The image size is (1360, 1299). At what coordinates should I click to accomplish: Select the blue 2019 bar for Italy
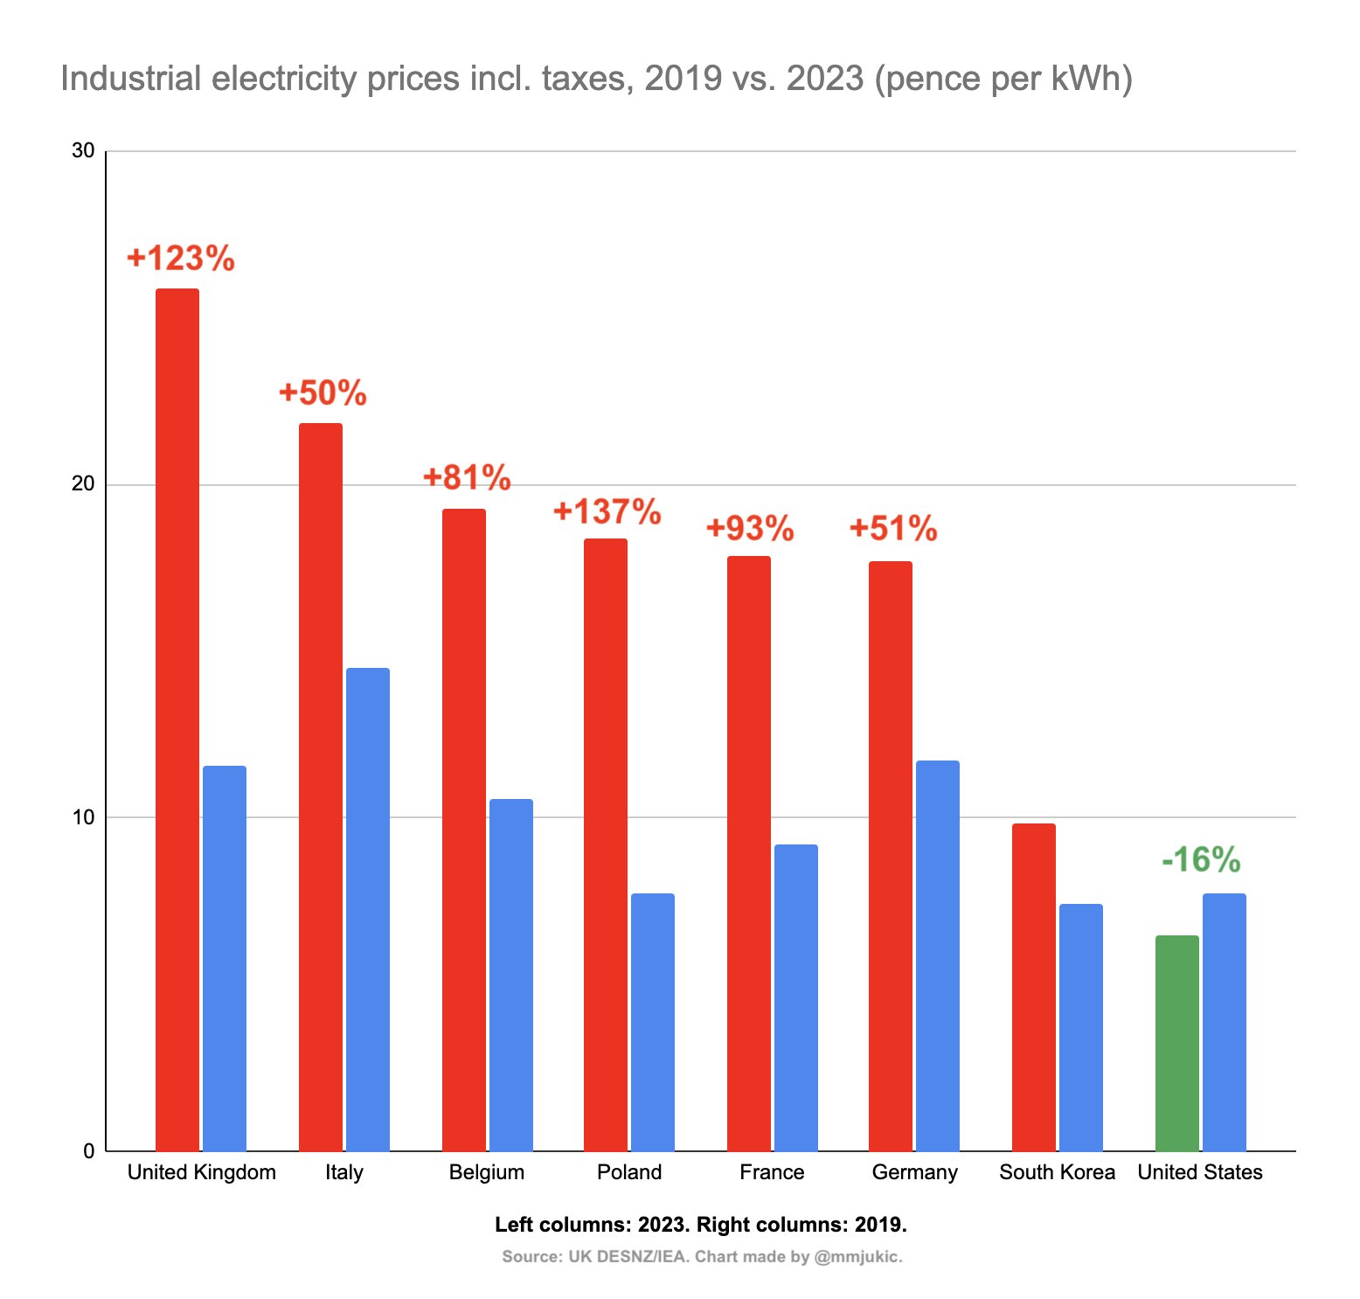(368, 909)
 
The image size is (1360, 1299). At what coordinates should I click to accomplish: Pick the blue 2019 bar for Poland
(653, 1022)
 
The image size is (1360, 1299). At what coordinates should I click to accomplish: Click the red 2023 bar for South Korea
(1033, 987)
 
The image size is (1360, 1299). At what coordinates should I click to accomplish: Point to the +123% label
(181, 259)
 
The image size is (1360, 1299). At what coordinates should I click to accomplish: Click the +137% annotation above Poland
(607, 511)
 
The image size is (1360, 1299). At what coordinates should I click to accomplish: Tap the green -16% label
(1201, 860)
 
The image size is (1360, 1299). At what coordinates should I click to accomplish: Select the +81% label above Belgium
(467, 477)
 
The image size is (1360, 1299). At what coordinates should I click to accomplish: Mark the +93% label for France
(750, 528)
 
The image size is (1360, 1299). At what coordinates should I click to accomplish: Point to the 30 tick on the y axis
(83, 150)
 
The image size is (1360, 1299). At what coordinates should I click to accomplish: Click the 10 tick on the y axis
(83, 817)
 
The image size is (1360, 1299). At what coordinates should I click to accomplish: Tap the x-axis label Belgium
(487, 1172)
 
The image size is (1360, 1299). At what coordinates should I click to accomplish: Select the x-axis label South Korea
(1057, 1172)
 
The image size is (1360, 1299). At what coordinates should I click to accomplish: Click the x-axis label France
(772, 1172)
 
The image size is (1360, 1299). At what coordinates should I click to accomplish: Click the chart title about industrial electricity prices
(596, 79)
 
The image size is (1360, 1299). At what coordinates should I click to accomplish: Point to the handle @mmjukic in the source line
(857, 1257)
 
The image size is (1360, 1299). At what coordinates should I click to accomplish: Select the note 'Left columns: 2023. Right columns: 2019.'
(701, 1225)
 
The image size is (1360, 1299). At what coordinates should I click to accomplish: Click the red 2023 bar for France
(749, 853)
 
